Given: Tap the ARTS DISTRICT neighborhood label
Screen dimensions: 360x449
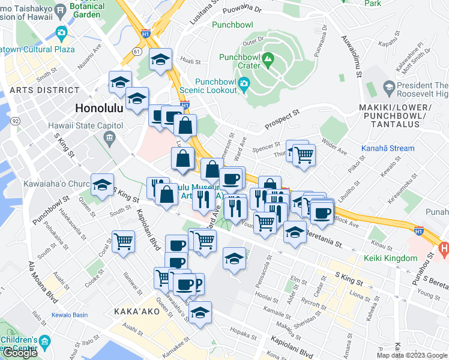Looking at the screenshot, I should click(x=40, y=90).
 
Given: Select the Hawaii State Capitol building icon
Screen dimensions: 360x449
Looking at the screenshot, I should click(x=109, y=139).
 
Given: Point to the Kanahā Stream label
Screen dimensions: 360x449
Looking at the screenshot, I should click(x=387, y=148).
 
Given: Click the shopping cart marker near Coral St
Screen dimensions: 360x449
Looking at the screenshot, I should click(x=123, y=242).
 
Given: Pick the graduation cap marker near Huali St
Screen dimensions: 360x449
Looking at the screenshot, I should click(x=160, y=59).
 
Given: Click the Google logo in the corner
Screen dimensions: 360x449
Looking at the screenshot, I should click(x=20, y=353).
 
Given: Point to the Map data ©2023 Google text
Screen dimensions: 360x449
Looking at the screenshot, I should click(x=412, y=355).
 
